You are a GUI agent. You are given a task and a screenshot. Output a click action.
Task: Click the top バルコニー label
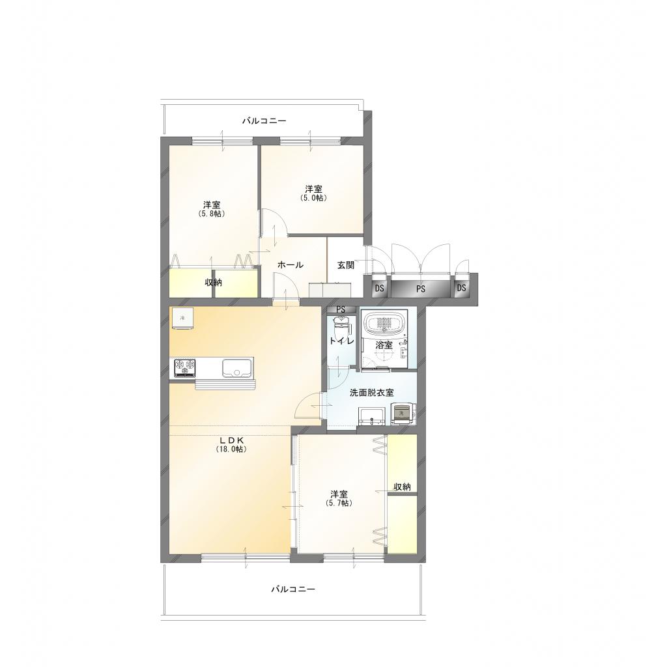[x=264, y=121]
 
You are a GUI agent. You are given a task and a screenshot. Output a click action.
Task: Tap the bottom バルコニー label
[x=293, y=589]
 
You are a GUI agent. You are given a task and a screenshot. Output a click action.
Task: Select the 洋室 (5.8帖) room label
[x=212, y=209]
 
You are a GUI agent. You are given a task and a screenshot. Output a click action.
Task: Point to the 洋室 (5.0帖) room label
[x=313, y=193]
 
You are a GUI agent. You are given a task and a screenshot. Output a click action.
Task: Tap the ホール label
[x=291, y=264]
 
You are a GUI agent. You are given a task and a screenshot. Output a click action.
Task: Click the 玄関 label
[x=345, y=264]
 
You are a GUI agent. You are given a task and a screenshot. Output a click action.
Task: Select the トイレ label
[x=341, y=341]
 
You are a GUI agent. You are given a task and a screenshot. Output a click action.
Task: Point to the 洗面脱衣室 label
[x=371, y=392]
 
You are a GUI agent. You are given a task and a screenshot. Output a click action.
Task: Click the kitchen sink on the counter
[x=237, y=368]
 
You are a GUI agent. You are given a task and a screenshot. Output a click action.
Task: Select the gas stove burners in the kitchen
[x=185, y=368]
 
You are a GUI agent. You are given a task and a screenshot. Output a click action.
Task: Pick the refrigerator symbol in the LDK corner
[x=183, y=318]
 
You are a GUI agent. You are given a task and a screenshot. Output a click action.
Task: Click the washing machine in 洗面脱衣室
[x=401, y=414]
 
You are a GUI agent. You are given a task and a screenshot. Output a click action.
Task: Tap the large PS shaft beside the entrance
[x=421, y=289]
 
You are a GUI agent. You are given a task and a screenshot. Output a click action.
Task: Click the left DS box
[x=380, y=289]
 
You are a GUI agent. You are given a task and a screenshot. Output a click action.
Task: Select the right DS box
[x=462, y=288]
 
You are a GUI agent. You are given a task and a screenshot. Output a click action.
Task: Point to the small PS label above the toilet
[x=341, y=309]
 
